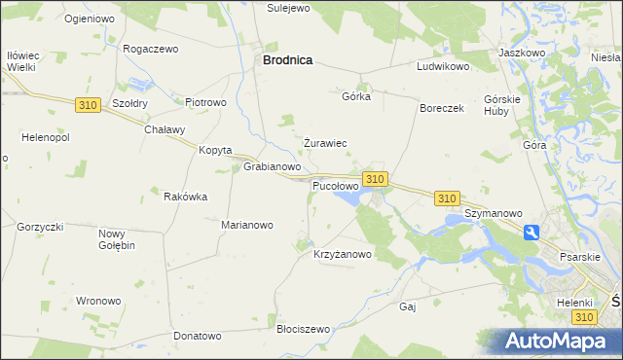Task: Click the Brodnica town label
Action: click(287, 59)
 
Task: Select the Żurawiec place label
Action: click(325, 143)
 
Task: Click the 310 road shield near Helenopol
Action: click(87, 103)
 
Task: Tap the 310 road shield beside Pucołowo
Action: click(376, 179)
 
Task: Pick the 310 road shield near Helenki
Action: click(583, 317)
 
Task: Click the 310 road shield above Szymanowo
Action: click(447, 198)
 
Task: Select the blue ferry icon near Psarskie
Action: click(531, 233)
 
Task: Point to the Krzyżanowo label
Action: click(343, 255)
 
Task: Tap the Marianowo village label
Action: click(247, 224)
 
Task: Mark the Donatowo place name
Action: click(198, 336)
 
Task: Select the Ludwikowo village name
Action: click(443, 67)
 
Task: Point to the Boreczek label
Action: click(442, 108)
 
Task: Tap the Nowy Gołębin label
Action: click(117, 238)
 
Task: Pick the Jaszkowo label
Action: click(521, 52)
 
